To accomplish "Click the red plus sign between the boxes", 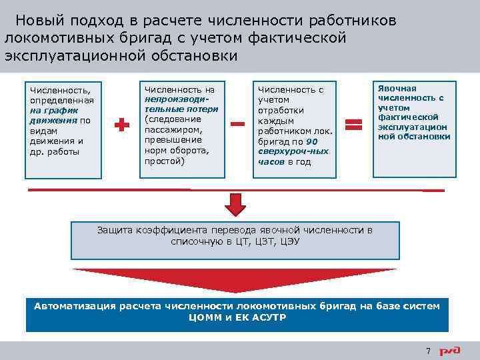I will coord(121,125).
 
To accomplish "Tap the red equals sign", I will coord(353,124).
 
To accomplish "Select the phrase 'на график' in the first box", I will coord(44,110).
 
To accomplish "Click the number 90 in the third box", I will coord(312,141).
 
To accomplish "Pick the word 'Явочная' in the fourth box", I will coord(397,89).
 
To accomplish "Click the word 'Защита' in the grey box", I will coord(115,230).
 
